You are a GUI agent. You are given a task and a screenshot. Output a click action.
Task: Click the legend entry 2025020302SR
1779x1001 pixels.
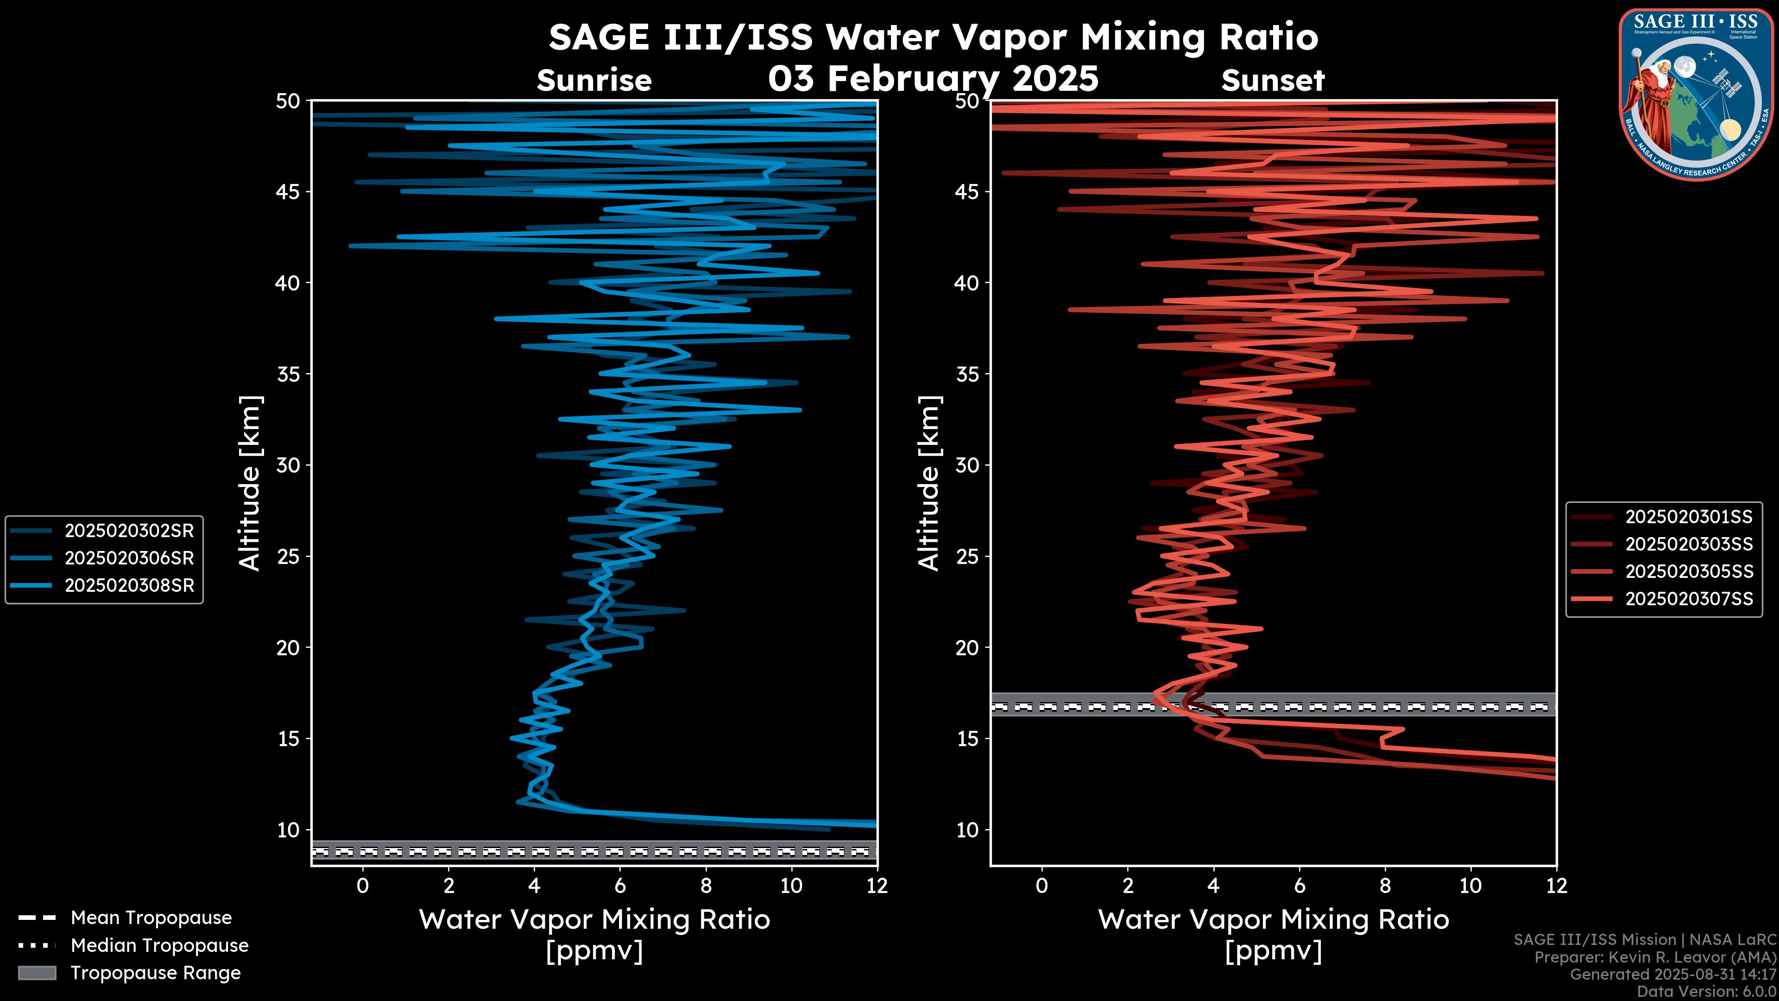[x=129, y=531]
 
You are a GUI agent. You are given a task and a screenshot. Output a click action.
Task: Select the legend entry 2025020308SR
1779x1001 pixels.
[x=129, y=585]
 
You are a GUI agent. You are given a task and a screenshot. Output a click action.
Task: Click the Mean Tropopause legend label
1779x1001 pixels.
[x=151, y=918]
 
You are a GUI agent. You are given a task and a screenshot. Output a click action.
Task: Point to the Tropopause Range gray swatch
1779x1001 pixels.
[x=37, y=973]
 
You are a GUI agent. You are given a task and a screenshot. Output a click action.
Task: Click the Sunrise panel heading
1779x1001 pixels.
[x=594, y=81]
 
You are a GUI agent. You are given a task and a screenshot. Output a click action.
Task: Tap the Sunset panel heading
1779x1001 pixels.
[x=1273, y=81]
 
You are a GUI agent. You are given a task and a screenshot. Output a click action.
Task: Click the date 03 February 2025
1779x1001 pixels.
[x=933, y=78]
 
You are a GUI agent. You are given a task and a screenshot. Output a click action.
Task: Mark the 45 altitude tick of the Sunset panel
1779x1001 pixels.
[x=967, y=191]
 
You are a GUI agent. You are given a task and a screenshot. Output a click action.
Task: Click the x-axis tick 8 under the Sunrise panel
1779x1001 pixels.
[x=705, y=885]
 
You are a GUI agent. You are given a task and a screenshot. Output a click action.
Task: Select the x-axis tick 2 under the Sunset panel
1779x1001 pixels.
[x=1128, y=885]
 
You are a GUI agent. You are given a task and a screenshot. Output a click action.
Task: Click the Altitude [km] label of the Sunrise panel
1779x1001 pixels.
[x=250, y=483]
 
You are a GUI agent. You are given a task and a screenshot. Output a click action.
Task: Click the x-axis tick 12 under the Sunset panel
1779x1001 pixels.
[x=1556, y=885]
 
